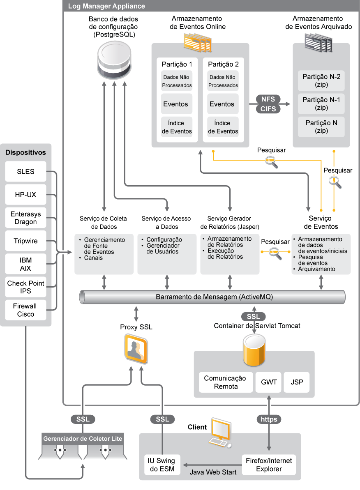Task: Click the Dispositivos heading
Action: point(25,152)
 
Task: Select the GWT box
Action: point(269,382)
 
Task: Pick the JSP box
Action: point(297,382)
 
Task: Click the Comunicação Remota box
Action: point(225,382)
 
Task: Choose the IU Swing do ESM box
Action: point(162,465)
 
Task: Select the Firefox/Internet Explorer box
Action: point(269,465)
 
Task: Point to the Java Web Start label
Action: point(213,472)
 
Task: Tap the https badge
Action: point(269,419)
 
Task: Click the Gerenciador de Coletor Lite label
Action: point(83,439)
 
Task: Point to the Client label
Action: point(197,427)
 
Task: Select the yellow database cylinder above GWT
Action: point(254,350)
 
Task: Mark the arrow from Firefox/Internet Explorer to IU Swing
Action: point(212,465)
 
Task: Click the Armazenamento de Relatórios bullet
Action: point(229,242)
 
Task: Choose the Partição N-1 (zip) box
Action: point(321,104)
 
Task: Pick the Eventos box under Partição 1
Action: point(175,104)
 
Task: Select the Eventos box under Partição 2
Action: point(222,104)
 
